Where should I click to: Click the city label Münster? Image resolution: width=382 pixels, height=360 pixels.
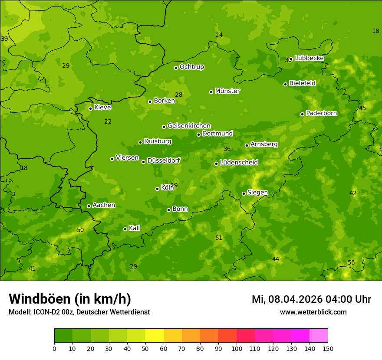(227, 91)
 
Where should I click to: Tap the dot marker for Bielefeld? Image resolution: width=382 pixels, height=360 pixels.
(286, 84)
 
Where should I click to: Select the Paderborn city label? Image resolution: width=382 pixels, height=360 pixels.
(322, 113)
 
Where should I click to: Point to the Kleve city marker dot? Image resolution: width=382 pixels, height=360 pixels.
(90, 108)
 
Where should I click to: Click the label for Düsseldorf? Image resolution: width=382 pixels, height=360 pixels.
(164, 160)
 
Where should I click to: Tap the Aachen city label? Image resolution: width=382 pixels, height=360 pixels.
(104, 205)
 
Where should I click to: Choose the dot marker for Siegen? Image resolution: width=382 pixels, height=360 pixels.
(244, 193)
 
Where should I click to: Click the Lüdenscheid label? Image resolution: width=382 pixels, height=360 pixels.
(239, 163)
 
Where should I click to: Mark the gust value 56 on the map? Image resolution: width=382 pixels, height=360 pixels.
(351, 262)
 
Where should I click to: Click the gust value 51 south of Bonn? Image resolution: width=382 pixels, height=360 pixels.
(219, 238)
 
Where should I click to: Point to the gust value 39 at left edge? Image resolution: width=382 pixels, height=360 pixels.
(4, 39)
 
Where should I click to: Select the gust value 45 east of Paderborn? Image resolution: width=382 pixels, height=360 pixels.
(362, 108)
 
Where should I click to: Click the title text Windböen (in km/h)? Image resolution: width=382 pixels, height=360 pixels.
(70, 299)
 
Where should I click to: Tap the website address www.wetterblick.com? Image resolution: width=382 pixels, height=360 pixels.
(313, 312)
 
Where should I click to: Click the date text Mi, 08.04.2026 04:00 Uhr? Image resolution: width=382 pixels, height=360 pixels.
(311, 299)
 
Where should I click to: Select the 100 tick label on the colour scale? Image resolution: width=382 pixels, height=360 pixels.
(237, 349)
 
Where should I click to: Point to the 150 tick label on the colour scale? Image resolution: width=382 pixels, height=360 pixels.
(328, 349)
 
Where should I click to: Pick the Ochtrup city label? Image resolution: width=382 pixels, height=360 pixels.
(192, 67)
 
